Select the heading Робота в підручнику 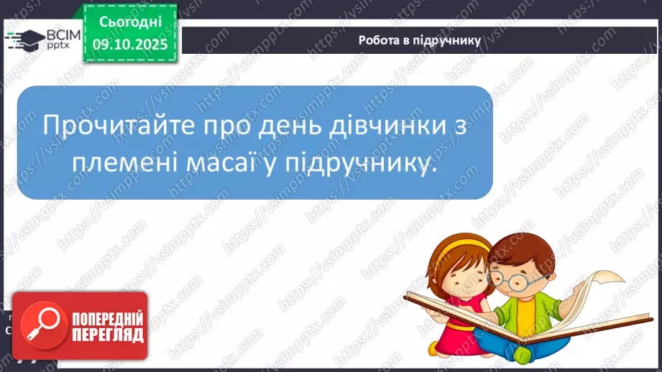coord(419,40)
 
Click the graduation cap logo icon coord(26,39)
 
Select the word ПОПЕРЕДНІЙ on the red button coord(106,318)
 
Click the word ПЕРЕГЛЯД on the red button coord(106,335)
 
